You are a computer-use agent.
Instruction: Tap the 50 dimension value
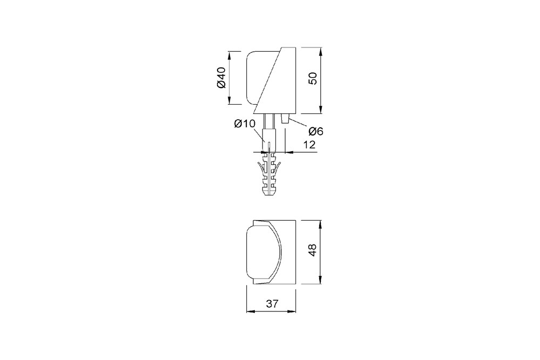point(313,79)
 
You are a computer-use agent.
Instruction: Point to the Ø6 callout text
point(316,131)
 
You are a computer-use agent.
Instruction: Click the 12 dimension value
point(309,145)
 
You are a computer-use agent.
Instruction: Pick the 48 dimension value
point(313,250)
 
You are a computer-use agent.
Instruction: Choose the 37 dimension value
point(272,303)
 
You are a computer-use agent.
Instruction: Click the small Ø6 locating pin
point(285,119)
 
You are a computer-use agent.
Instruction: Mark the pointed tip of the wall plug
point(269,195)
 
